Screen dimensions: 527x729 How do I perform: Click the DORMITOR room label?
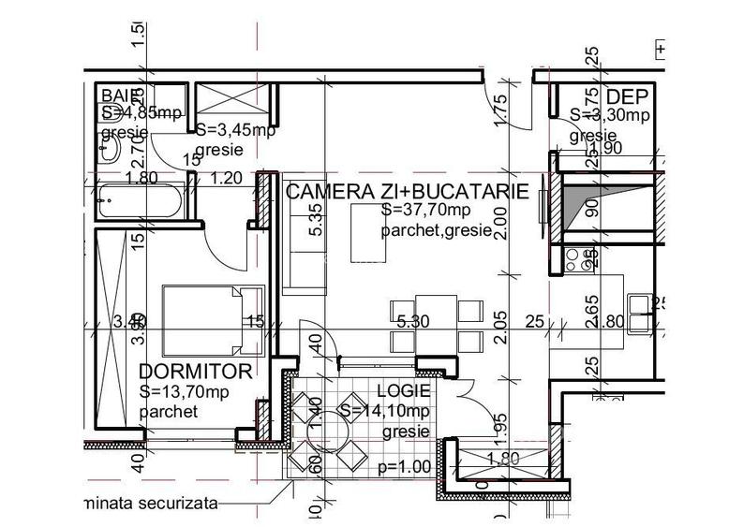pos(195,372)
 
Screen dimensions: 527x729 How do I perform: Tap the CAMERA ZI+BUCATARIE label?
pos(408,192)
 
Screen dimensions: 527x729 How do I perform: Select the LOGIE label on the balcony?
pos(403,390)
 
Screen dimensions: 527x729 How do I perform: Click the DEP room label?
pos(627,96)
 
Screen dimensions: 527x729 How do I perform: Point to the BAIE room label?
pos(121,95)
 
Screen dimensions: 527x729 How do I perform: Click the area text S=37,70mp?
pos(419,211)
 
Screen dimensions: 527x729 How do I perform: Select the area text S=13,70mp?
pos(183,391)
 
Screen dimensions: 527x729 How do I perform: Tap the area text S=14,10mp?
pos(384,411)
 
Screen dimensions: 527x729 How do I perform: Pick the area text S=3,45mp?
pos(234,130)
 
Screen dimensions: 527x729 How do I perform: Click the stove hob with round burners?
pos(580,258)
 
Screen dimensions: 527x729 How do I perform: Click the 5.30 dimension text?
pos(412,322)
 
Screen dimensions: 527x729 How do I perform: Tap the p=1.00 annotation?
pos(404,466)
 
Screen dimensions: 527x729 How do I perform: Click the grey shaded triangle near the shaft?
pos(577,204)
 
